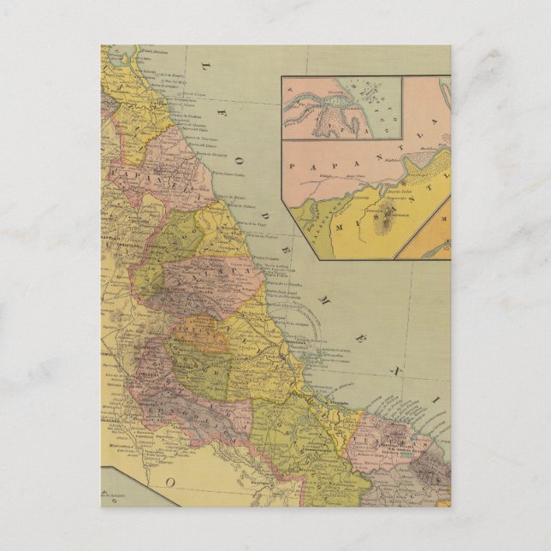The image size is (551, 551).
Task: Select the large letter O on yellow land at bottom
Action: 169,483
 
